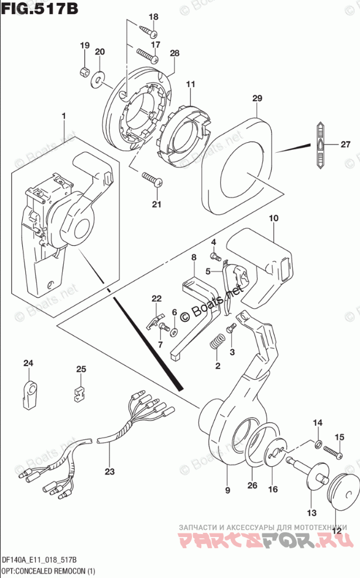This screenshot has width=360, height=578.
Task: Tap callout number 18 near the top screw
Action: point(153,17)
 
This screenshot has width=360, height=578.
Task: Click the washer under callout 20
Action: point(98,75)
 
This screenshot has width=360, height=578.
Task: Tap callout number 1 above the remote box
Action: point(64,117)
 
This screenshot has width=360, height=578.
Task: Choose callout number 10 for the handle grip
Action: point(273,219)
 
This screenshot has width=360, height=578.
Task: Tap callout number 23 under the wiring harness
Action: point(111,472)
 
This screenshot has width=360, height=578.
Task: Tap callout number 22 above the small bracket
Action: point(156,299)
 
